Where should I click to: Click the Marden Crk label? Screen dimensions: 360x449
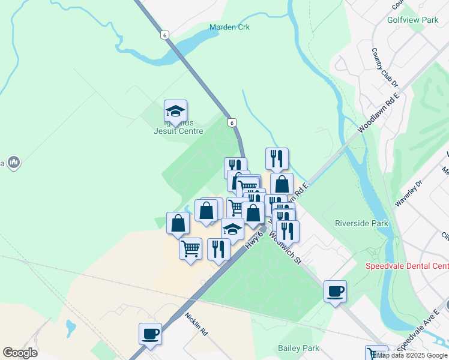[x=229, y=27]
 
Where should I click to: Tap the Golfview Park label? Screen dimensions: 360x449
[x=413, y=20]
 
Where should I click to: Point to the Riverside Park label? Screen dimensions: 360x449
[x=361, y=224]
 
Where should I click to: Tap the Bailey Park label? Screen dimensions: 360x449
[x=298, y=348]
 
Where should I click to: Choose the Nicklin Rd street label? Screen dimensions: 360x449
[x=196, y=323]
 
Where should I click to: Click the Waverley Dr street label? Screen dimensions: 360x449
[x=409, y=193]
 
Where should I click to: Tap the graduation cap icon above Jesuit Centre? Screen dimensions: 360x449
[x=175, y=110]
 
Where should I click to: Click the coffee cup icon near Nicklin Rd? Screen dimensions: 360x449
[x=150, y=334]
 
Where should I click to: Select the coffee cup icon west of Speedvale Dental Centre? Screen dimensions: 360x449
[x=335, y=292]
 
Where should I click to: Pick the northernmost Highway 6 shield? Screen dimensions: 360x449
[x=164, y=35]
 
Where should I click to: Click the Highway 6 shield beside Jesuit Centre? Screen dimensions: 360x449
[x=232, y=122]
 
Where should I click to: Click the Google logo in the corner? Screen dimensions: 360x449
[x=20, y=353]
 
